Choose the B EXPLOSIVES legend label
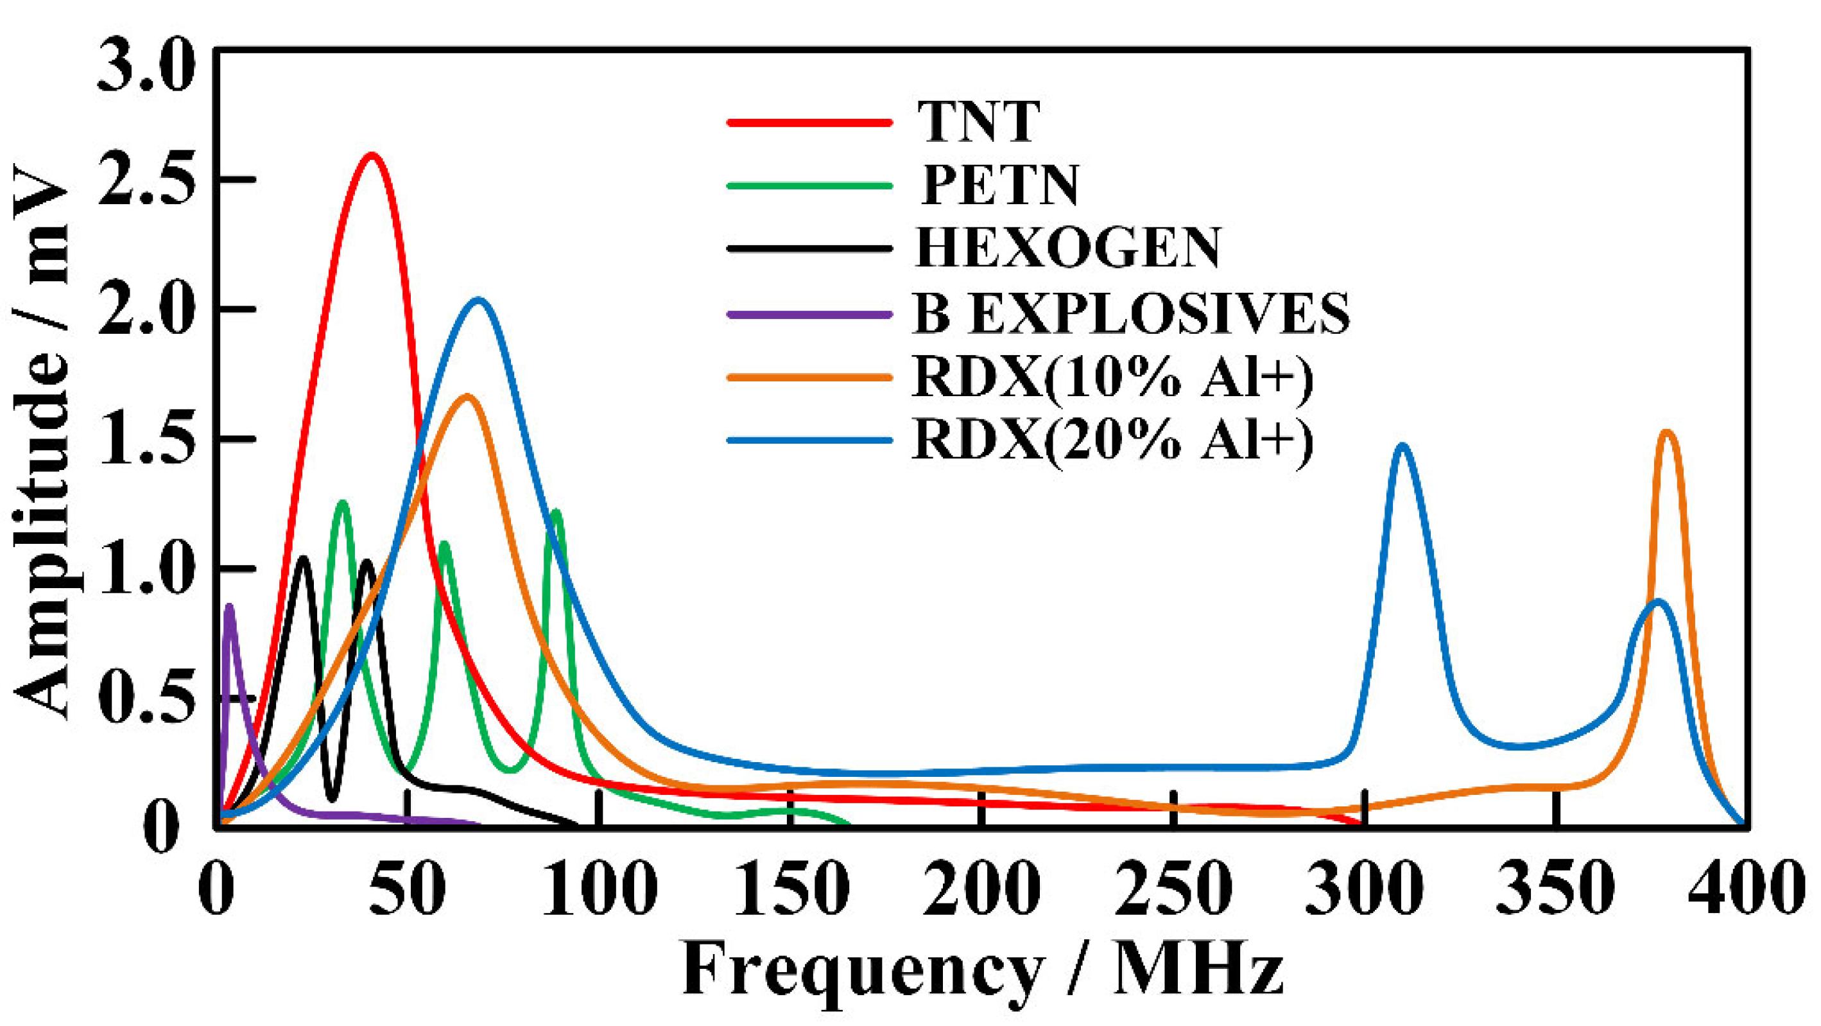[x=1131, y=313]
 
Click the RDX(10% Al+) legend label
[x=1114, y=378]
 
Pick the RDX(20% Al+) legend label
[x=1114, y=440]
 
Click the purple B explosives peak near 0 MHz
[x=229, y=607]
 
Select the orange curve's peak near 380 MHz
[x=1668, y=432]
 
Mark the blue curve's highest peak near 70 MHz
[x=479, y=300]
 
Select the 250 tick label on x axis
[x=1173, y=887]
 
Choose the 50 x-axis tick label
[x=408, y=887]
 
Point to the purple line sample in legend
[x=809, y=313]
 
